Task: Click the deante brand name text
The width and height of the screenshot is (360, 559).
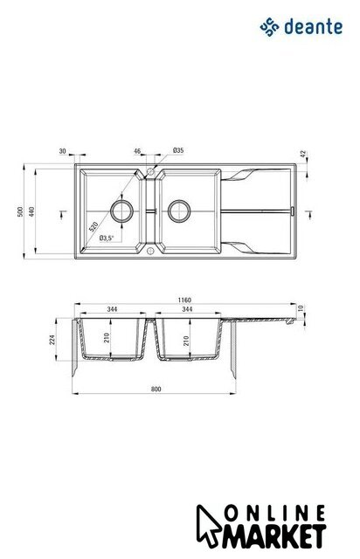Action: point(314,27)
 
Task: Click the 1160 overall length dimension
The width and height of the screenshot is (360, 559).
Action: point(184,300)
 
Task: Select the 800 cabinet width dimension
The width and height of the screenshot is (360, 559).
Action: point(156,389)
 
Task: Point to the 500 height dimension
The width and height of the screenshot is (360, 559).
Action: point(20,211)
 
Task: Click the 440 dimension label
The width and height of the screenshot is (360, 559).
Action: point(31,211)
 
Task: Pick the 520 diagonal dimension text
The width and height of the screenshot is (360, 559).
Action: point(93,227)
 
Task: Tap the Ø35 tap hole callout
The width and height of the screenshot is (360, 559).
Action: point(178,150)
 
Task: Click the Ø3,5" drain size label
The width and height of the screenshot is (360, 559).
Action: point(107,238)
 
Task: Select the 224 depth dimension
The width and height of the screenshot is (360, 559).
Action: point(52,340)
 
